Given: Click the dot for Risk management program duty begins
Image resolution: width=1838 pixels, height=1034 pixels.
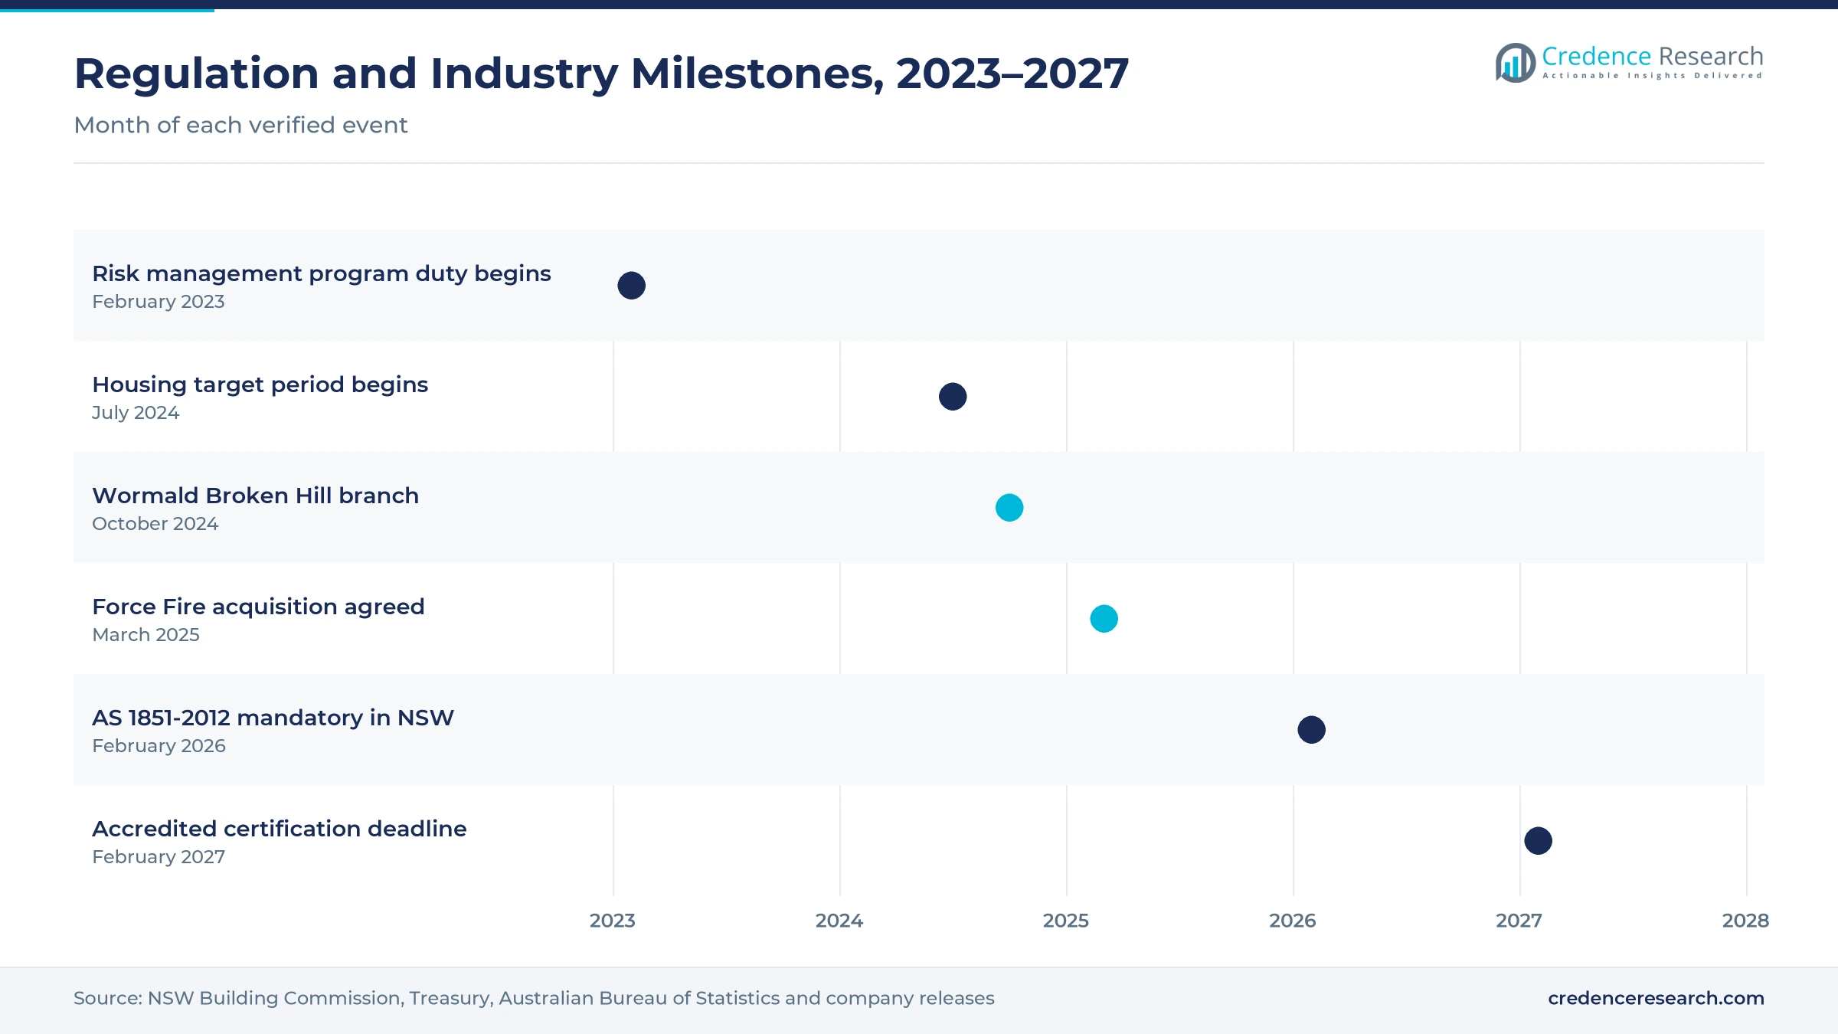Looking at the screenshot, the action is pyautogui.click(x=632, y=286).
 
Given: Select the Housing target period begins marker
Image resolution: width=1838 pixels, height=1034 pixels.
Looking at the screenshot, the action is pyautogui.click(x=953, y=397).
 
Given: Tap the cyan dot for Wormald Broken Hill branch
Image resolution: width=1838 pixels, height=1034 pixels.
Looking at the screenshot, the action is pyautogui.click(x=1009, y=508).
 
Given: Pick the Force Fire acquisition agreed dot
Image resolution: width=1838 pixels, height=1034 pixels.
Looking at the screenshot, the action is pyautogui.click(x=1104, y=619).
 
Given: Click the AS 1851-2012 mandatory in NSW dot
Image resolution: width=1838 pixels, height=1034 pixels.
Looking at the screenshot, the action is pyautogui.click(x=1312, y=730).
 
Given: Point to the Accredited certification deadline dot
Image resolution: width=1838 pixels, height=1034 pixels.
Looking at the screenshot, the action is pyautogui.click(x=1539, y=841).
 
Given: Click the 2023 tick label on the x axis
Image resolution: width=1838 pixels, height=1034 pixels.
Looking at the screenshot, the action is pyautogui.click(x=613, y=921).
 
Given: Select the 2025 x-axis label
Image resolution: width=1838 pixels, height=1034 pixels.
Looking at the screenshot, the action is pyautogui.click(x=1066, y=921).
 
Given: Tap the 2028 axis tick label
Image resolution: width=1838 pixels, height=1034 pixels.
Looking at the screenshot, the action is pyautogui.click(x=1746, y=921).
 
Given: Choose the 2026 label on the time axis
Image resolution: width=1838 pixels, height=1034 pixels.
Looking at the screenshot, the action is pyautogui.click(x=1293, y=921).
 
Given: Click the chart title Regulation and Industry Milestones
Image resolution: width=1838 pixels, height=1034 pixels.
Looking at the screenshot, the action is pyautogui.click(x=601, y=74).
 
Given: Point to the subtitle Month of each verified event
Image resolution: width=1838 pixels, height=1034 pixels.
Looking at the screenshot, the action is pyautogui.click(x=240, y=125).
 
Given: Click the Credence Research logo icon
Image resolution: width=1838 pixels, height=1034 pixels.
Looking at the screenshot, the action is pyautogui.click(x=1516, y=63).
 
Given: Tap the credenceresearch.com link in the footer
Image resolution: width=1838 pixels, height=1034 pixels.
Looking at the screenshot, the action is pyautogui.click(x=1656, y=998).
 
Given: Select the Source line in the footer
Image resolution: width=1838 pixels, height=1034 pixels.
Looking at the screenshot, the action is pyautogui.click(x=534, y=998).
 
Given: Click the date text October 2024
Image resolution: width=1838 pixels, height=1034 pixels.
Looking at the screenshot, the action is pyautogui.click(x=155, y=524).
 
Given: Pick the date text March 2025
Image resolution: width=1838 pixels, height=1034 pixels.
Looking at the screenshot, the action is pyautogui.click(x=146, y=635).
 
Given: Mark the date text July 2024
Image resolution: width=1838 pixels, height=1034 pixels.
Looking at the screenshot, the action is pyautogui.click(x=136, y=413).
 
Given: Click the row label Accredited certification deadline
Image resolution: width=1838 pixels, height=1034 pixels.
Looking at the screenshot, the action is pyautogui.click(x=280, y=829).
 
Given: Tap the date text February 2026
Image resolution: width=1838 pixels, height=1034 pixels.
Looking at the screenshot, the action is pyautogui.click(x=159, y=746).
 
